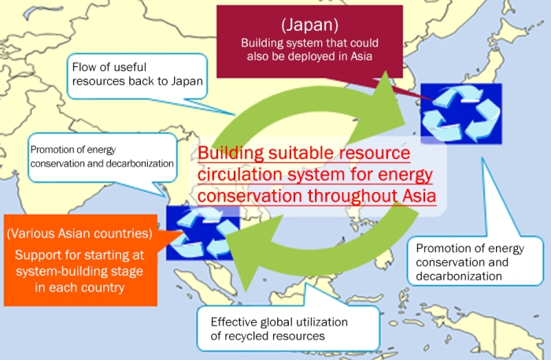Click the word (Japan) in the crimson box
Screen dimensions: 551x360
click(309, 25)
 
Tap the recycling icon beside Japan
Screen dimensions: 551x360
click(461, 114)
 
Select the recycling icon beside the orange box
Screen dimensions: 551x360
click(203, 233)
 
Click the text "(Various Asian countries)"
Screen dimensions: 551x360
click(80, 233)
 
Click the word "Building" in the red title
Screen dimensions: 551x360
click(231, 153)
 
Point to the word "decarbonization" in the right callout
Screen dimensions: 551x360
click(459, 276)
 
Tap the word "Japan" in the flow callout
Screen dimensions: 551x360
click(187, 81)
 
